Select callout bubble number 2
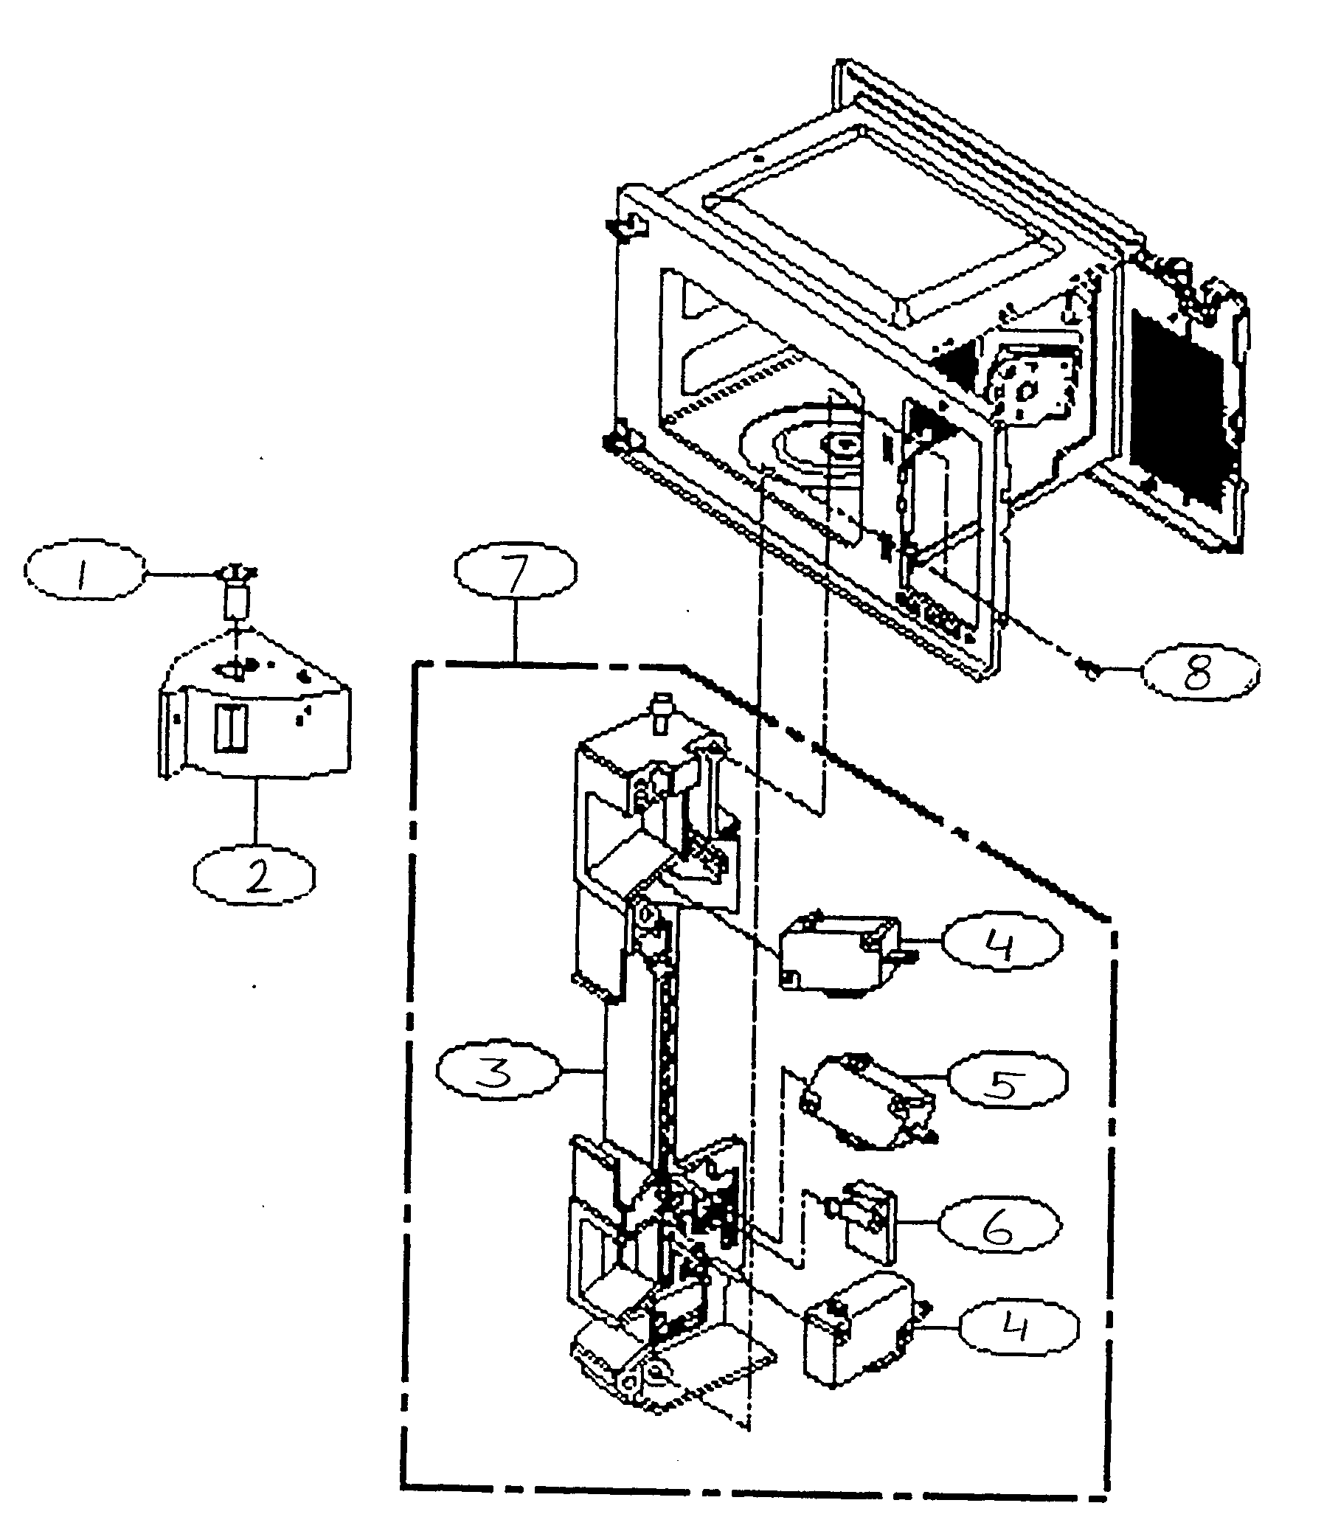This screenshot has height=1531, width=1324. [x=254, y=876]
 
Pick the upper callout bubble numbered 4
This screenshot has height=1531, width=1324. [x=1002, y=942]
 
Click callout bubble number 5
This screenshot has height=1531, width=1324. [x=1006, y=1081]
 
